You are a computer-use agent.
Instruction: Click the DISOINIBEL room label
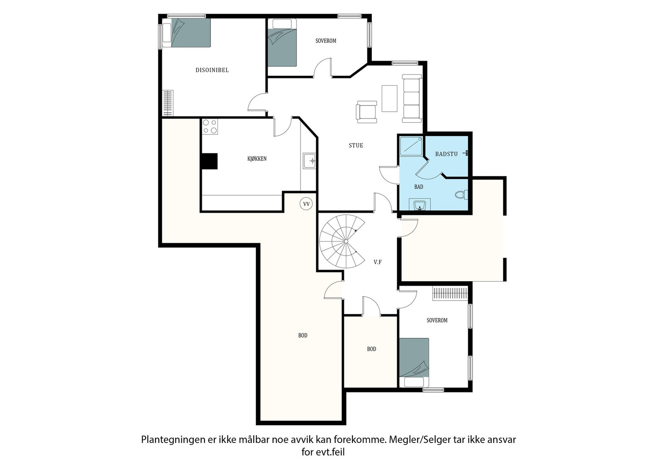[212, 70]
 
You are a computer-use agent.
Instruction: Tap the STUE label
[356, 145]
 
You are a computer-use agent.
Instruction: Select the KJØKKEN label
[257, 159]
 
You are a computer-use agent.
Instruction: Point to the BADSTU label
[446, 154]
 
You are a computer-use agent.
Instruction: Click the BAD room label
[419, 187]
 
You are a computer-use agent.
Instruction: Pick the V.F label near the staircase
[378, 262]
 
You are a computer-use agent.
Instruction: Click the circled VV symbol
[306, 204]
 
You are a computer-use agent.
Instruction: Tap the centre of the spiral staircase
[346, 241]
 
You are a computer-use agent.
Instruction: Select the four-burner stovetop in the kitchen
[210, 126]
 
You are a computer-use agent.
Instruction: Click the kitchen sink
[309, 161]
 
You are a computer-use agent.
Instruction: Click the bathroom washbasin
[420, 205]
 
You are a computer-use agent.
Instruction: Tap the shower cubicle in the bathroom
[411, 146]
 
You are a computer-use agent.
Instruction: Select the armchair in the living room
[366, 112]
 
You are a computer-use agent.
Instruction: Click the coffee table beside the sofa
[389, 98]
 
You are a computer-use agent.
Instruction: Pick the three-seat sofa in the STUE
[412, 98]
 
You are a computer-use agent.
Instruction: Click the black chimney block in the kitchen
[209, 161]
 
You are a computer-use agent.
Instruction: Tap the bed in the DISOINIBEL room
[187, 33]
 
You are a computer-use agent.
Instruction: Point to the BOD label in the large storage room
[303, 336]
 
